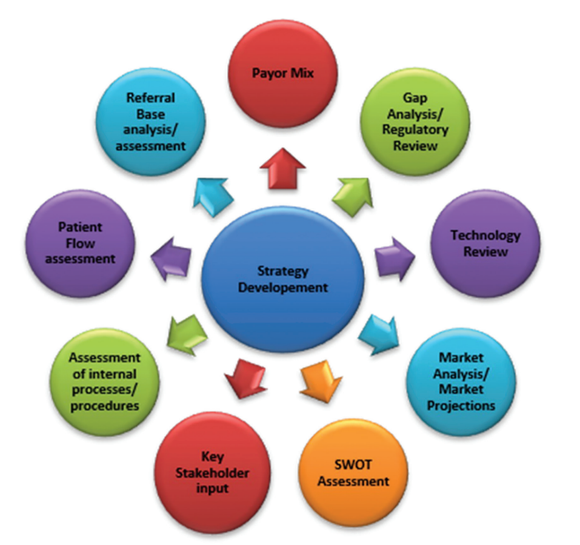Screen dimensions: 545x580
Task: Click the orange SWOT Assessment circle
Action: (x=351, y=472)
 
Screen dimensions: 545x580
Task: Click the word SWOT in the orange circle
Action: (x=350, y=465)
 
